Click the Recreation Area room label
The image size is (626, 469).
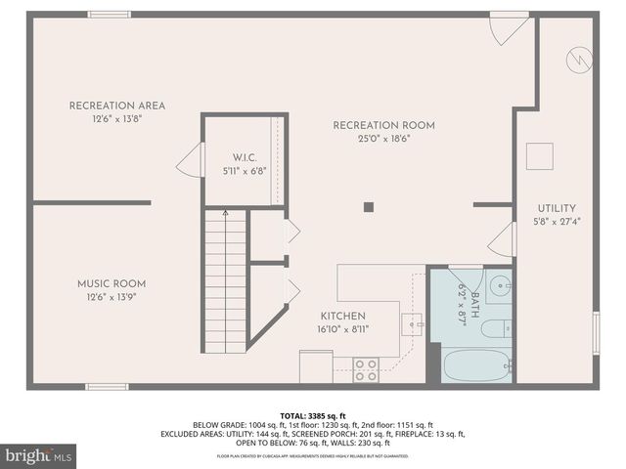coord(116,106)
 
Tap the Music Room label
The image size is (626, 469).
coord(112,284)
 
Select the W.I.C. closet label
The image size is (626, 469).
coord(244,157)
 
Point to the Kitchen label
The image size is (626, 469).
coord(342,317)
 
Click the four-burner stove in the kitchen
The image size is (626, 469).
coord(366,369)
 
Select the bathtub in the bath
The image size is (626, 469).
coord(476,365)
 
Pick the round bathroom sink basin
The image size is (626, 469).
coord(499,286)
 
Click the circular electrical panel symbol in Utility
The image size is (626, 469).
coord(577,60)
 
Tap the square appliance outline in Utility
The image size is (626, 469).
coord(539,156)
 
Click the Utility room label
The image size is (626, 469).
coord(557,208)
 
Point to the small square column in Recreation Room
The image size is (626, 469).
coord(369,206)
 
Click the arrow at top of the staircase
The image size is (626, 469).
coord(225,212)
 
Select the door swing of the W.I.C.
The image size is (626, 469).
coord(191,159)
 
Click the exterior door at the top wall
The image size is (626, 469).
coord(509,27)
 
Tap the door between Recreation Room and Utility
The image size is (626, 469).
coord(503,238)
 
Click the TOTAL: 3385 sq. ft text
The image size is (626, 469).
coord(312,415)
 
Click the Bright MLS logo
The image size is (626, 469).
coord(38,455)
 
